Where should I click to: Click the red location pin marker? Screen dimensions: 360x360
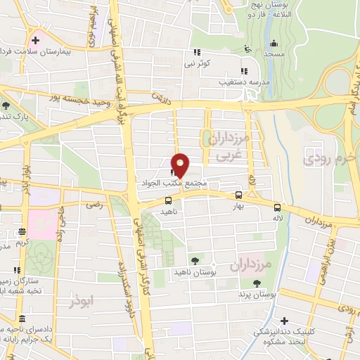pos(181,165)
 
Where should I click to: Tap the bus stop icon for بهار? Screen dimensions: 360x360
pos(239,196)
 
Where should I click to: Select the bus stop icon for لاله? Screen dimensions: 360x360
pos(277,207)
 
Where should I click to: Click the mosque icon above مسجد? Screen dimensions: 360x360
pos(246,48)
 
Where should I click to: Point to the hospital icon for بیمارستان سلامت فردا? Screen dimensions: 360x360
pos(35,41)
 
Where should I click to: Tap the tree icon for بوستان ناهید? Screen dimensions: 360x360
pos(195,261)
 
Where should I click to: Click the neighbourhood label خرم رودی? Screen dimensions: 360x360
pos(326,159)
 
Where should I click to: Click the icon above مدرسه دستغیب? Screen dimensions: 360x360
pos(243,72)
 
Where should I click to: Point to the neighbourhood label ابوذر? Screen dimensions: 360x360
pos(82,300)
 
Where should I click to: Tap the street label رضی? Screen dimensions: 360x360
pos(94,205)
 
